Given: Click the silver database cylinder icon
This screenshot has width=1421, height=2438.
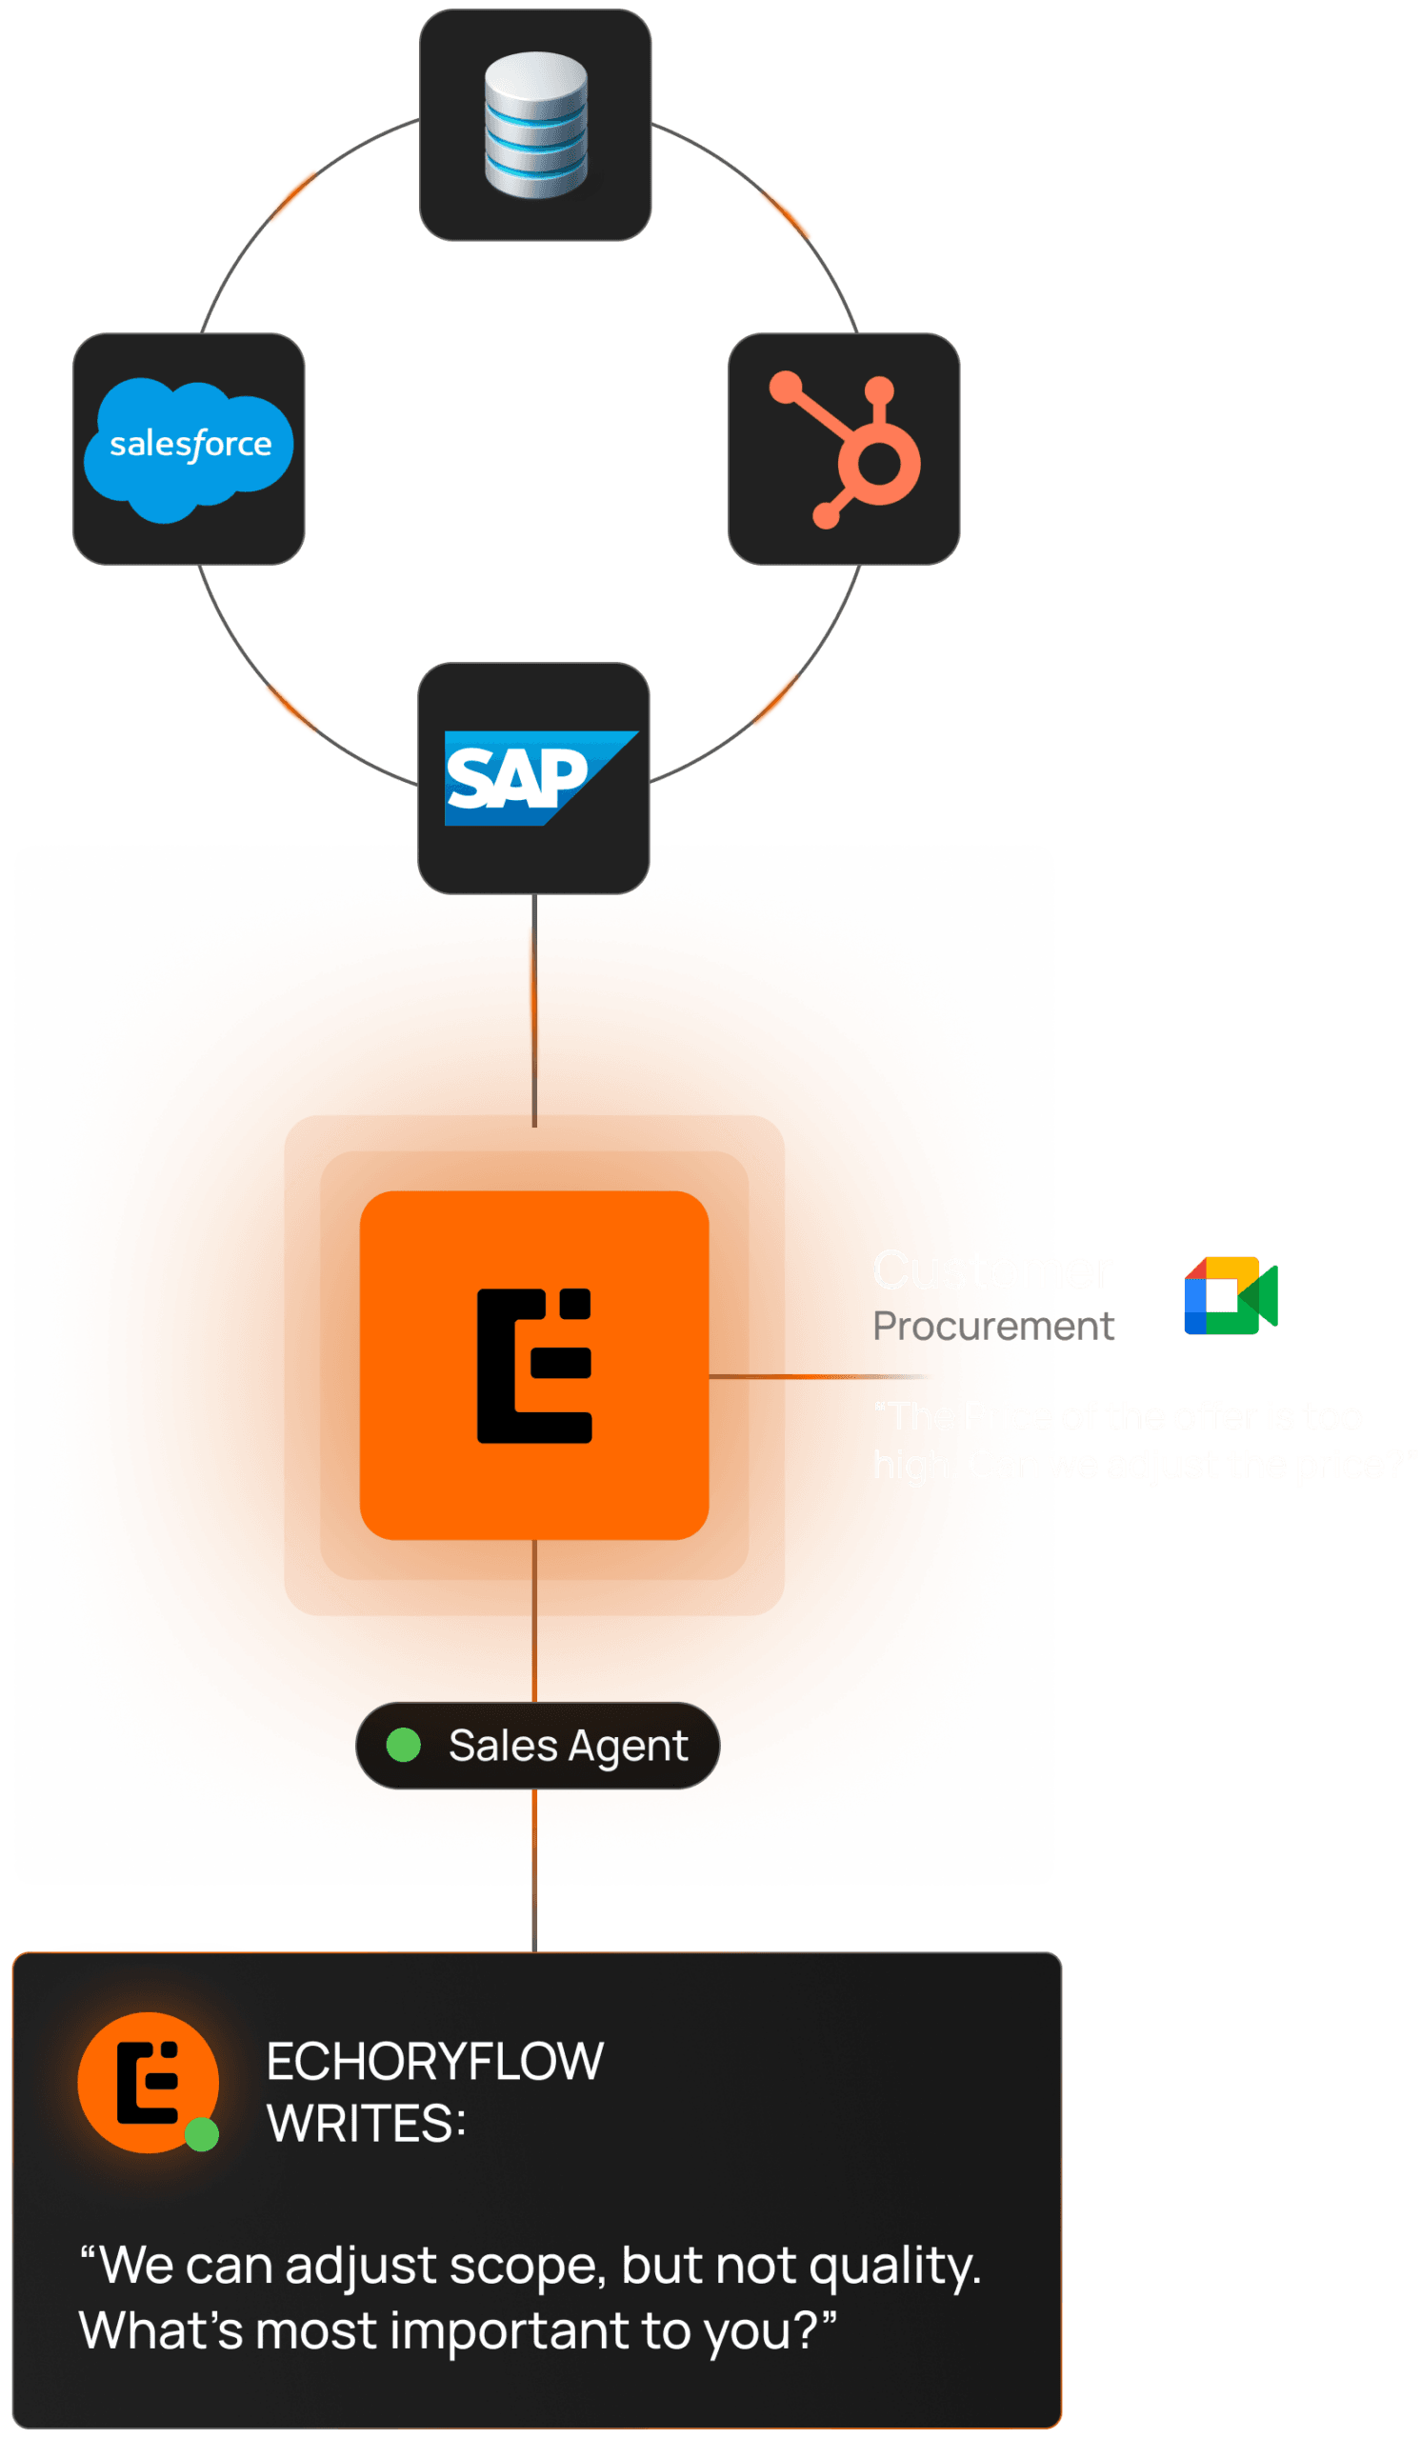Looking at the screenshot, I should (535, 124).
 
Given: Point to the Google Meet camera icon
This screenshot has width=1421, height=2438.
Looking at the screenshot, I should (1230, 1295).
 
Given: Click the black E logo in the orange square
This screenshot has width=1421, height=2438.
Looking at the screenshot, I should (534, 1365).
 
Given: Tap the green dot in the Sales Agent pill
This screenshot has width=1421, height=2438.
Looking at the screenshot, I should (404, 1746).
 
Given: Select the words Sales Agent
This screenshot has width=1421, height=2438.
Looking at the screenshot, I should (568, 1747).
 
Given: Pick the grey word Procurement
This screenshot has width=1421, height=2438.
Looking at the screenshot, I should (992, 1326).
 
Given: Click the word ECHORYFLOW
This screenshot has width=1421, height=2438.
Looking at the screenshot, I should (434, 2061).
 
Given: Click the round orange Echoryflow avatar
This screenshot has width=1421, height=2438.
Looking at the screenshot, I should (146, 2081).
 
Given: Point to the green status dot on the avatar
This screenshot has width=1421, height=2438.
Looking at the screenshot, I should (201, 2134).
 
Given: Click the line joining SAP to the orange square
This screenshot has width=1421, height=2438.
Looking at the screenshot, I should (534, 1011).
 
